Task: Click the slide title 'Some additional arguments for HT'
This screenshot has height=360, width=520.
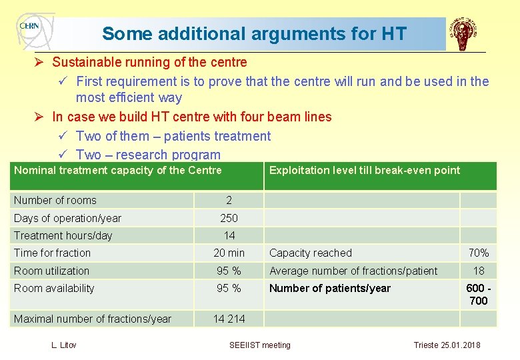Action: click(254, 33)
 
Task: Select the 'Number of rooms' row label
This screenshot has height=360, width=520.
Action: click(55, 200)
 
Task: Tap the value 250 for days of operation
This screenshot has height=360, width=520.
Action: click(229, 218)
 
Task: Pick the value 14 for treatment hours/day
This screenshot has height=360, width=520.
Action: click(229, 235)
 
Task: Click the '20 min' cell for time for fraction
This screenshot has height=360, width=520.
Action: click(229, 253)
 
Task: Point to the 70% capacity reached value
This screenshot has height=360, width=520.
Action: click(479, 253)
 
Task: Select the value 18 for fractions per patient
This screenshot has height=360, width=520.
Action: click(479, 271)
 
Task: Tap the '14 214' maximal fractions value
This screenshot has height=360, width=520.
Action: click(229, 319)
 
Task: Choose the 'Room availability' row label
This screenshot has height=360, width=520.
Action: click(54, 288)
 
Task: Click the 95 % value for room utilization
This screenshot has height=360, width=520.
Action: click(229, 271)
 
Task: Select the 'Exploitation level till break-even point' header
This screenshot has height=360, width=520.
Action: click(364, 170)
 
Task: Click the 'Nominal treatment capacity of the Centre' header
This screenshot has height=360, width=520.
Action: click(118, 170)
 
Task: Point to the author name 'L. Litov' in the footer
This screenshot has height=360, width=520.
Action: click(64, 345)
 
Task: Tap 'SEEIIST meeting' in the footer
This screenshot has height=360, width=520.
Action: click(260, 345)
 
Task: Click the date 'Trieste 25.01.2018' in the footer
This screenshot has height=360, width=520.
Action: click(447, 345)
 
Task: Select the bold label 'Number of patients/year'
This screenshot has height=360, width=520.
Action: click(330, 288)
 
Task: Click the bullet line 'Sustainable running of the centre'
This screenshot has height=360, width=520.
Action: click(149, 62)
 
